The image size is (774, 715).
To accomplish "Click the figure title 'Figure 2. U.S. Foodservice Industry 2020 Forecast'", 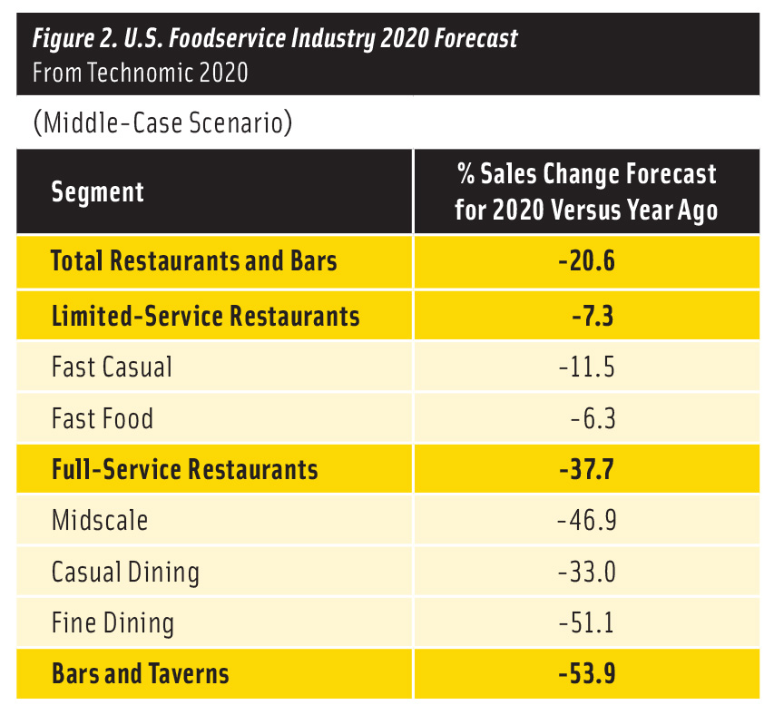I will click(x=275, y=38).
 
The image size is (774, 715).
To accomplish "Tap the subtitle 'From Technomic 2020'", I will click(x=140, y=73).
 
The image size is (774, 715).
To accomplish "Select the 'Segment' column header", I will click(x=97, y=192).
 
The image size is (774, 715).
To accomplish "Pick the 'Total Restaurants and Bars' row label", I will click(x=194, y=261).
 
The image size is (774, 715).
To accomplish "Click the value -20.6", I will click(x=587, y=261).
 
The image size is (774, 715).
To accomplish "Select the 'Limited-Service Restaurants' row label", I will click(x=205, y=316).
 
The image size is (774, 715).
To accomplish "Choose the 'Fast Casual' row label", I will click(x=112, y=367).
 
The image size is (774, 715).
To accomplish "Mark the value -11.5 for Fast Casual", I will click(x=587, y=367).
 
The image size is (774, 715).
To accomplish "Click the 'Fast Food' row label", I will click(x=103, y=418).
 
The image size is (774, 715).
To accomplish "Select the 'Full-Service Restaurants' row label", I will click(x=184, y=469).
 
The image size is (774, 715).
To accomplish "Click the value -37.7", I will click(x=587, y=469).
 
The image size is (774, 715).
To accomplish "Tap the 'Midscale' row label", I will click(x=99, y=521).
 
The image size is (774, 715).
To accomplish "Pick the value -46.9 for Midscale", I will click(x=587, y=521).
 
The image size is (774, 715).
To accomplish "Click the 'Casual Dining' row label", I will click(x=125, y=573).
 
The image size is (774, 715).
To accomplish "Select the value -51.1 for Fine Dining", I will click(x=587, y=623).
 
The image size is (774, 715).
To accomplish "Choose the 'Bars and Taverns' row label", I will click(x=140, y=674).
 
